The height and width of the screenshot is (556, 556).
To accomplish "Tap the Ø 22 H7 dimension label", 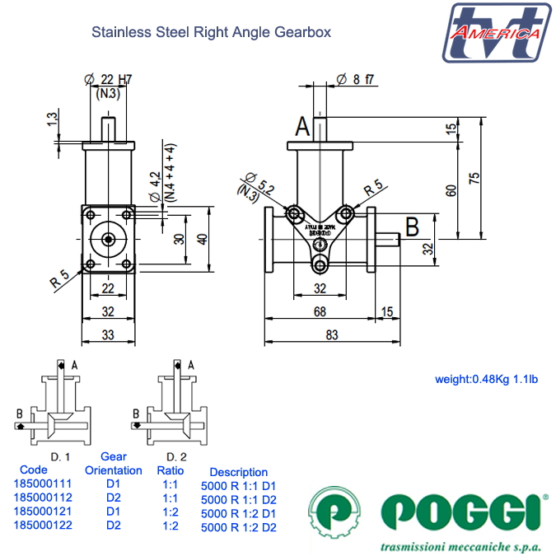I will coord(109,79).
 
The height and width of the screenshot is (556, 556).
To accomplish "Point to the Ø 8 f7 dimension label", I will coord(356,79).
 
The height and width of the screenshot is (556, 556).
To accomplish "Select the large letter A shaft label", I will coord(303,126).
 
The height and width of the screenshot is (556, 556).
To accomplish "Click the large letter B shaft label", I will coord(413,223).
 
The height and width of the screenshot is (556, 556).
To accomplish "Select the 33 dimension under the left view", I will coord(108,334).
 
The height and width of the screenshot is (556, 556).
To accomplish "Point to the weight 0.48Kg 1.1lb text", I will coord(486,380).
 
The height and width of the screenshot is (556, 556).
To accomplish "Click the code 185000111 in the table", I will coord(42,484).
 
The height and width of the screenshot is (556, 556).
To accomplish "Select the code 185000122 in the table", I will coord(42,526).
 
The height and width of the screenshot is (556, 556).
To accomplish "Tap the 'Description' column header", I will coord(238,472).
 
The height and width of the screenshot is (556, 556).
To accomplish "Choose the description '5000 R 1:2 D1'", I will coord(239,513).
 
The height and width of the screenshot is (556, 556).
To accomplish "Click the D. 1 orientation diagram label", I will coord(60,456).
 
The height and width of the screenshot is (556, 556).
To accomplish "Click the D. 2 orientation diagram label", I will coord(175,456).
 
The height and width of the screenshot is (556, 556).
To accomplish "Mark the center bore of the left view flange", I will coord(108,240).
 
